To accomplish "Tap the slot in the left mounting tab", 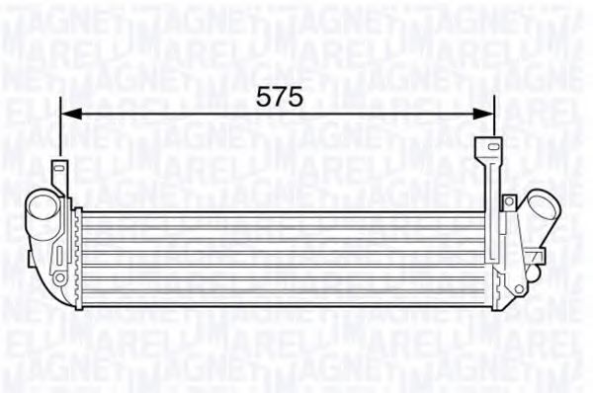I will coord(58,170).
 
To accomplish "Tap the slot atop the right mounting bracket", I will coord(486,149).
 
